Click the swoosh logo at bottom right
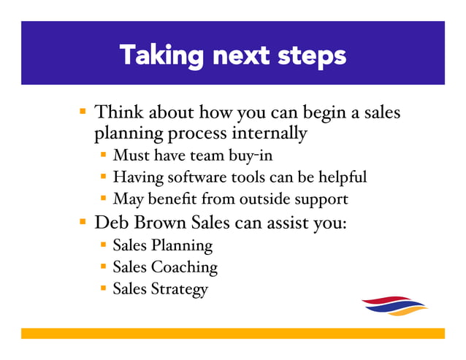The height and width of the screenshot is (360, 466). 394,305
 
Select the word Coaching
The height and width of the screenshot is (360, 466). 183,267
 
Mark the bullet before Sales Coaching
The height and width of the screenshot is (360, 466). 104,267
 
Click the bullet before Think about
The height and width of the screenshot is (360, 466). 84,114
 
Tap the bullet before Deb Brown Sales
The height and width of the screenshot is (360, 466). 84,222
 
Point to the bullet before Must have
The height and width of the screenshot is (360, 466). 104,155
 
